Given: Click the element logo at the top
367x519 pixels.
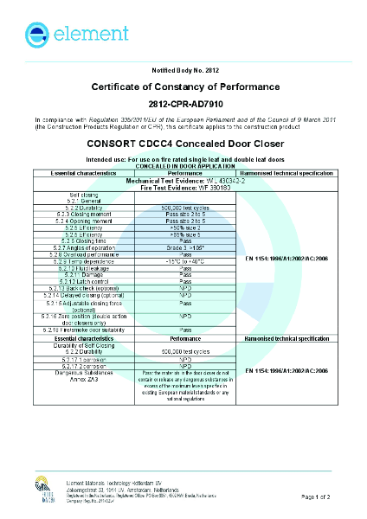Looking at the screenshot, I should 65,35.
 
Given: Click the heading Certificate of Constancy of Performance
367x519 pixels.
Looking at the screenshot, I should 183,87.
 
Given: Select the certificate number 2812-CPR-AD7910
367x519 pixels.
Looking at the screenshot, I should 183,103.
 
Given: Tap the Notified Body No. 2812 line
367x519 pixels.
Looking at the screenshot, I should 183,68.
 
